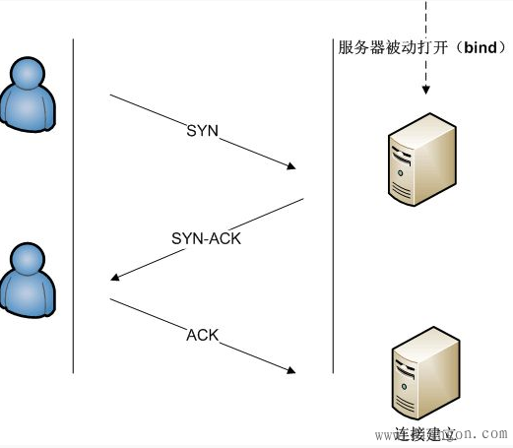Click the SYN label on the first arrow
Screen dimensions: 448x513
pyautogui.click(x=202, y=131)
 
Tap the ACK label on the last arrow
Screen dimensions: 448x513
pyautogui.click(x=202, y=336)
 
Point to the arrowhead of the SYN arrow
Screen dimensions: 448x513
pyautogui.click(x=291, y=168)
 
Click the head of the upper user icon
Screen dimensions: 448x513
pyautogui.click(x=27, y=74)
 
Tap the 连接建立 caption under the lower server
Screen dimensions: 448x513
pyautogui.click(x=425, y=433)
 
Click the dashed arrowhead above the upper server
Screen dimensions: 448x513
pyautogui.click(x=426, y=92)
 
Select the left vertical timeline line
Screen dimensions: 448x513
pyautogui.click(x=74, y=207)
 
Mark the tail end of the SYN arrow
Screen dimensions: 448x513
pyautogui.click(x=110, y=96)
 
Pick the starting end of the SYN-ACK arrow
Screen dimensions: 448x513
pyautogui.click(x=302, y=200)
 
